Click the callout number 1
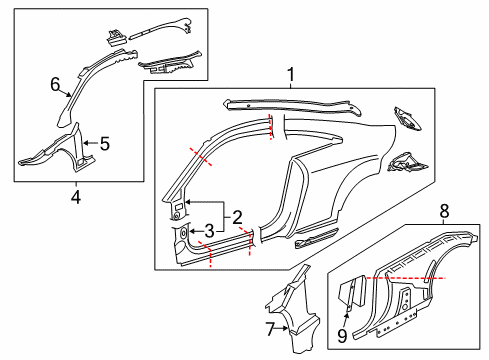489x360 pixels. click(x=291, y=74)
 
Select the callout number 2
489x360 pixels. click(x=237, y=217)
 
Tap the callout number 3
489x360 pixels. click(x=209, y=231)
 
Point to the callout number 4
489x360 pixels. click(x=76, y=197)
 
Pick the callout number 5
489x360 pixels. click(x=105, y=144)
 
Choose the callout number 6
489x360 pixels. click(x=55, y=84)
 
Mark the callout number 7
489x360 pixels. click(x=270, y=329)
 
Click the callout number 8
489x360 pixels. click(x=444, y=211)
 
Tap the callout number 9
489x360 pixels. click(x=342, y=336)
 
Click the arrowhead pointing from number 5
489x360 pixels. click(x=86, y=143)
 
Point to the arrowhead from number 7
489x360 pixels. click(x=285, y=328)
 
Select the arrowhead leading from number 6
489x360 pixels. click(x=69, y=95)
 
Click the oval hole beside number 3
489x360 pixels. click(x=183, y=233)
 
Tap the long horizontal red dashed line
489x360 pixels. click(x=406, y=277)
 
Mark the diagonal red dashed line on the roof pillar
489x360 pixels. click(x=200, y=156)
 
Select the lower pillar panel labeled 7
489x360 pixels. click(x=293, y=310)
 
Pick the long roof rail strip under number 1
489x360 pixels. click(x=292, y=107)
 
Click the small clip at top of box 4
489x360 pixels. click(x=116, y=37)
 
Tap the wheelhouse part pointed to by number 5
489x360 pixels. click(x=58, y=151)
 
